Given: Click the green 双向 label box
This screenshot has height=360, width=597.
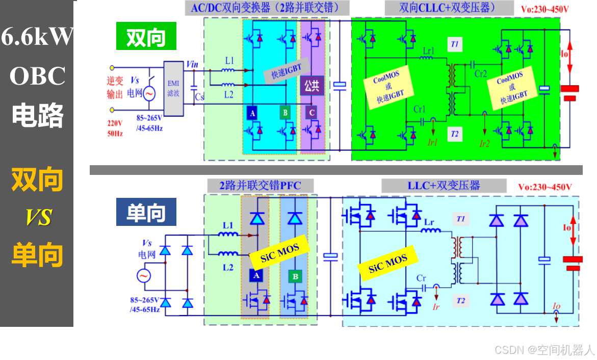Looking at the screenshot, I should (146, 36).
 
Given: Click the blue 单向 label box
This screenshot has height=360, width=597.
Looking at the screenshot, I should (146, 212).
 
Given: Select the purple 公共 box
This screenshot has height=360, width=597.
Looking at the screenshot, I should (312, 85).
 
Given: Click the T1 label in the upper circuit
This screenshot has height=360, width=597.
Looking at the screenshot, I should (454, 44).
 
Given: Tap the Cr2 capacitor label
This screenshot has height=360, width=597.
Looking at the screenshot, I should (481, 73).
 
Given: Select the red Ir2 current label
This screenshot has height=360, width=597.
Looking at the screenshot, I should (484, 144).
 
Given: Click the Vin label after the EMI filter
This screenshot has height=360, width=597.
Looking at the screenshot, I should (193, 64).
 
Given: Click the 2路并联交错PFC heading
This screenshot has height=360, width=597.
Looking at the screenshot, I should (260, 185).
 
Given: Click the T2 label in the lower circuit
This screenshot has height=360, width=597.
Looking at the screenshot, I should (461, 301).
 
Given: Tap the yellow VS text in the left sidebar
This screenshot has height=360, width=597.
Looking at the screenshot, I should (39, 218).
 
